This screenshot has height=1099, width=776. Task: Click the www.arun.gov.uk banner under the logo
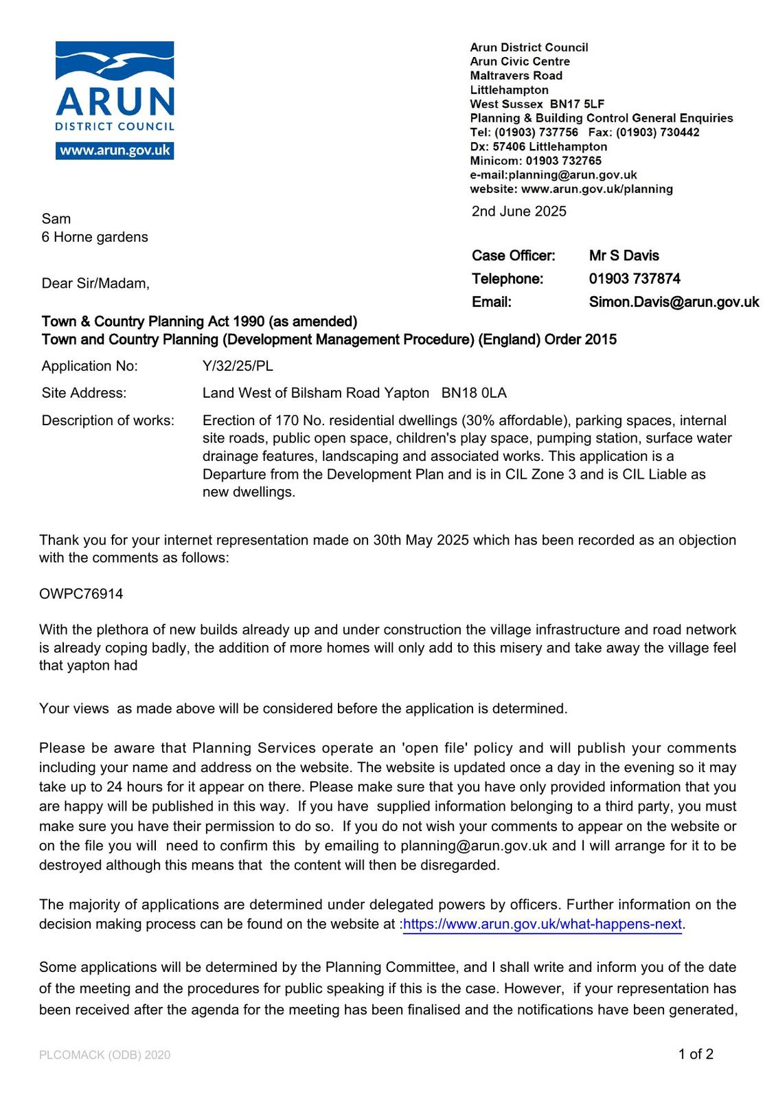point(115,150)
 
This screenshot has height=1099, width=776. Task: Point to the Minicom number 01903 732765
point(563,161)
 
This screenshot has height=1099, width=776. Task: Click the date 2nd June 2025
point(518,212)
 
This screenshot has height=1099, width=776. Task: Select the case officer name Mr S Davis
point(624,256)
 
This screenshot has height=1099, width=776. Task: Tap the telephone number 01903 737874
point(635,279)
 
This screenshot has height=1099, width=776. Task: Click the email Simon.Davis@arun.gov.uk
point(674,302)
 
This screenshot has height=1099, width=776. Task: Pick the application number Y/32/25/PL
point(238,366)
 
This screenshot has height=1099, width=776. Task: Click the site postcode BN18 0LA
point(474,393)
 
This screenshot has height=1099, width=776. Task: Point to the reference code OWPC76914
point(81,594)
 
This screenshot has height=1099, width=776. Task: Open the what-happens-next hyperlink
point(543,925)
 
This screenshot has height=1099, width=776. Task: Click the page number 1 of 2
point(696,1054)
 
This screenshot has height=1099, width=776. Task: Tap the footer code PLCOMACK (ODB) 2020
point(104,1055)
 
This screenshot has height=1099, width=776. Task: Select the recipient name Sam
point(56,219)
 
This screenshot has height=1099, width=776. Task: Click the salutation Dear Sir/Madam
point(95,284)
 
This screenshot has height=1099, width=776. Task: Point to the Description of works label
point(108,420)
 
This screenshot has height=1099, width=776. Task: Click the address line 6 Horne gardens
point(95,237)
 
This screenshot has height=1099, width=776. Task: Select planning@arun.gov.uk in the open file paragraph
point(474,846)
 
